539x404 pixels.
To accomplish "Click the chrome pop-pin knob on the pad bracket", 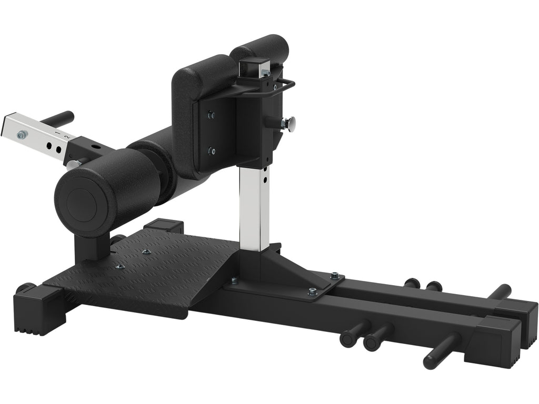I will click(x=289, y=124).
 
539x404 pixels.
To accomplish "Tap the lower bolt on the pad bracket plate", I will click(x=211, y=151).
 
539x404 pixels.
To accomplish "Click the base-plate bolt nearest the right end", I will click(x=334, y=275).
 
